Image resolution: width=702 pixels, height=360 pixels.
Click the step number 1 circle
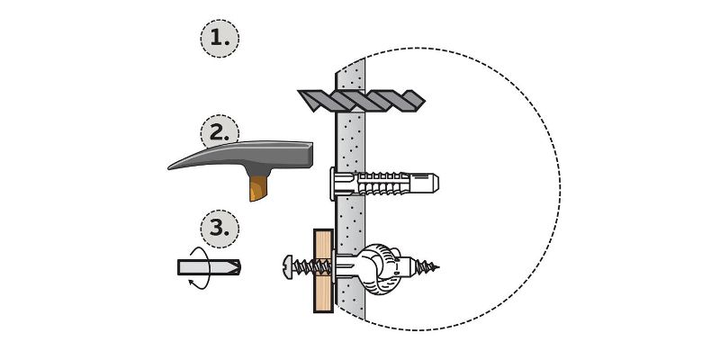tap(220, 39)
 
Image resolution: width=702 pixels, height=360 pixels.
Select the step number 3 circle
tap(220, 229)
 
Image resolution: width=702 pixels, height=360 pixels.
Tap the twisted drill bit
tap(361, 101)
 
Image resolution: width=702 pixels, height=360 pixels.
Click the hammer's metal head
tap(241, 157)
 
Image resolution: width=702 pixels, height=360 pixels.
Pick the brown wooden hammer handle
tap(259, 188)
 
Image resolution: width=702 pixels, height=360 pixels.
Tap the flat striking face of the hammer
tap(311, 155)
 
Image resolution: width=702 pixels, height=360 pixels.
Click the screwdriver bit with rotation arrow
tap(209, 267)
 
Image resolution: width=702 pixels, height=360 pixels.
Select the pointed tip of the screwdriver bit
tap(238, 267)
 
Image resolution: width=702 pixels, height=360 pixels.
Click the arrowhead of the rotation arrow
tap(191, 282)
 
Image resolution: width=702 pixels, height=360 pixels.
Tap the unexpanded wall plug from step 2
tap(384, 184)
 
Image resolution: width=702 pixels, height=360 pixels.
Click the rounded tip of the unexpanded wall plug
tap(436, 183)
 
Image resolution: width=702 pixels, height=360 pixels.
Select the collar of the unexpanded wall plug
tap(333, 184)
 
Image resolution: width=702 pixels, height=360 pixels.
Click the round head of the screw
tap(287, 267)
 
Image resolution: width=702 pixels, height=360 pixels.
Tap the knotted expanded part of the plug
tap(380, 269)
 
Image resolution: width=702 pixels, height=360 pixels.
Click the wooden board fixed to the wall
tap(323, 271)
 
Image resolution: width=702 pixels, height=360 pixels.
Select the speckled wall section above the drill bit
tap(351, 76)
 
